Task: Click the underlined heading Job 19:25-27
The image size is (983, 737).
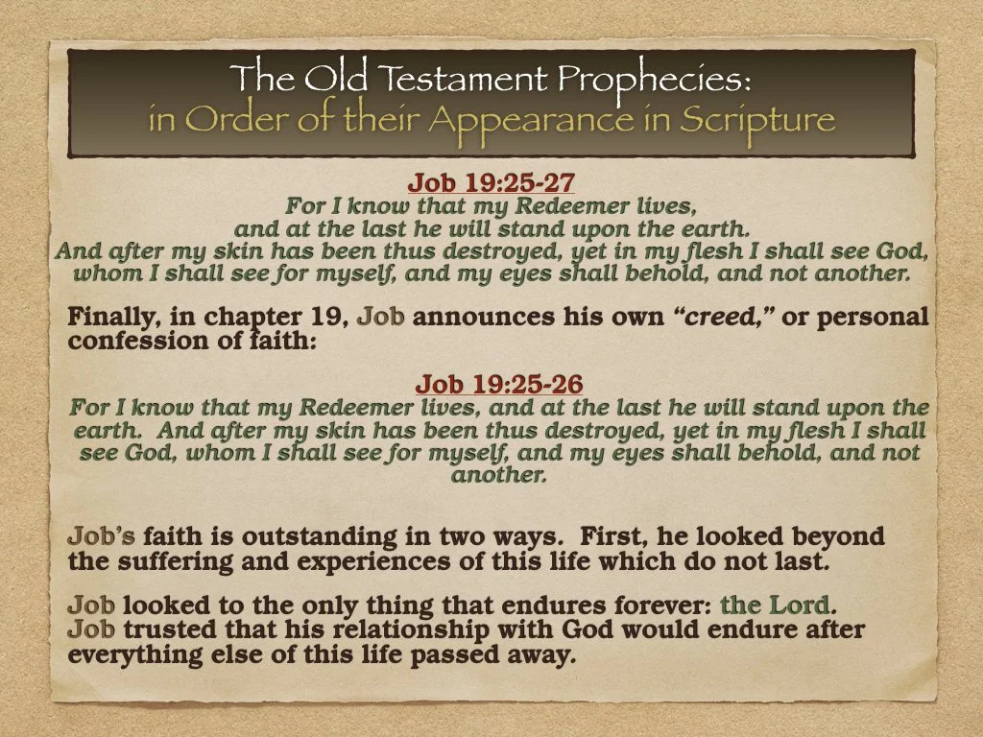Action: click(x=491, y=182)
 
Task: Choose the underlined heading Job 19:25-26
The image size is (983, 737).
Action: click(x=498, y=385)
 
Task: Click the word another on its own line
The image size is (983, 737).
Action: click(x=498, y=474)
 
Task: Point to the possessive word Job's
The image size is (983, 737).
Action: click(x=102, y=536)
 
